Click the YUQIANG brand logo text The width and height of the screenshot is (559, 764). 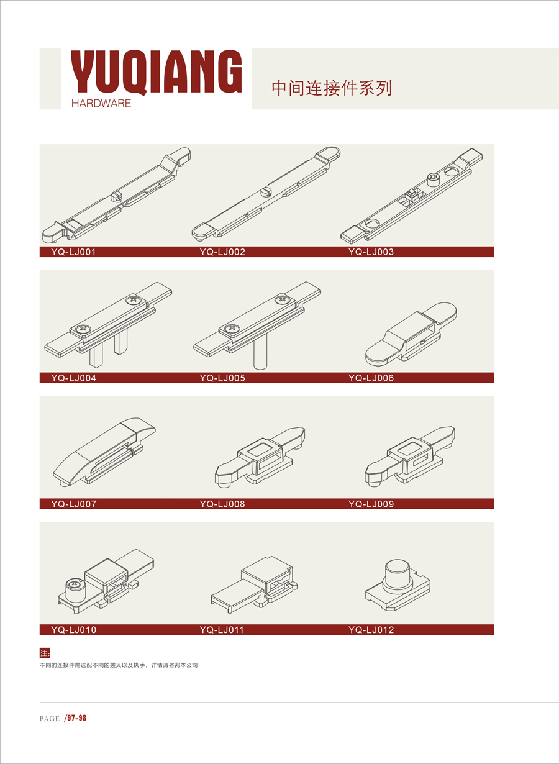tap(156, 71)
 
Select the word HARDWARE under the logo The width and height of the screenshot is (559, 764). tap(101, 104)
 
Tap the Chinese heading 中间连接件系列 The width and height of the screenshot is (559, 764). tap(332, 88)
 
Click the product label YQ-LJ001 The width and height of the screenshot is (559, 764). tap(73, 252)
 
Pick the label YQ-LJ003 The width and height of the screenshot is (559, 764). tap(371, 252)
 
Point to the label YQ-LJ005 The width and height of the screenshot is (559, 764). tap(222, 378)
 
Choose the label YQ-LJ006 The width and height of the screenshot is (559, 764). tap(371, 378)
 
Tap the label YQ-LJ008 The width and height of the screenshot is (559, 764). tap(222, 504)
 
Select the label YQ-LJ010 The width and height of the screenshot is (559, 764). tap(74, 630)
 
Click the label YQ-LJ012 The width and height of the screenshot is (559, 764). tap(371, 630)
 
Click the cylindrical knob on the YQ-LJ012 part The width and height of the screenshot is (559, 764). tap(398, 575)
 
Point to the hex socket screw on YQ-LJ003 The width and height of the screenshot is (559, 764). tap(433, 180)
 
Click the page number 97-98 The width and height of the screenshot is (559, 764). tap(76, 718)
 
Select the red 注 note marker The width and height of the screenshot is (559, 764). tap(45, 653)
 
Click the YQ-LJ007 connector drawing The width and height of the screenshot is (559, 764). tap(104, 451)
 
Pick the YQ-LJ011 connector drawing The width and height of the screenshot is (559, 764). tap(254, 584)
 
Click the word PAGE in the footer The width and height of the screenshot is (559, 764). tap(50, 719)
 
